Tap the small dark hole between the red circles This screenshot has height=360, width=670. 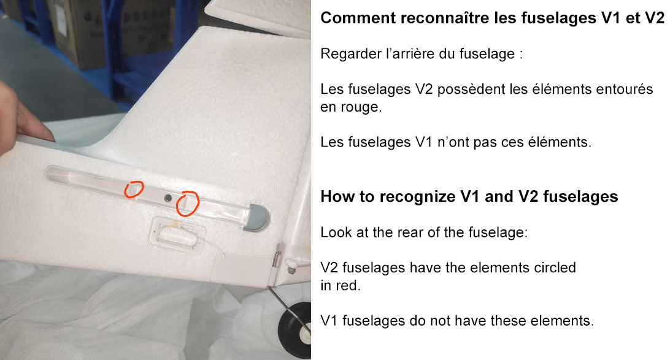[x=168, y=198]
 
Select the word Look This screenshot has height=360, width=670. [x=334, y=232]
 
